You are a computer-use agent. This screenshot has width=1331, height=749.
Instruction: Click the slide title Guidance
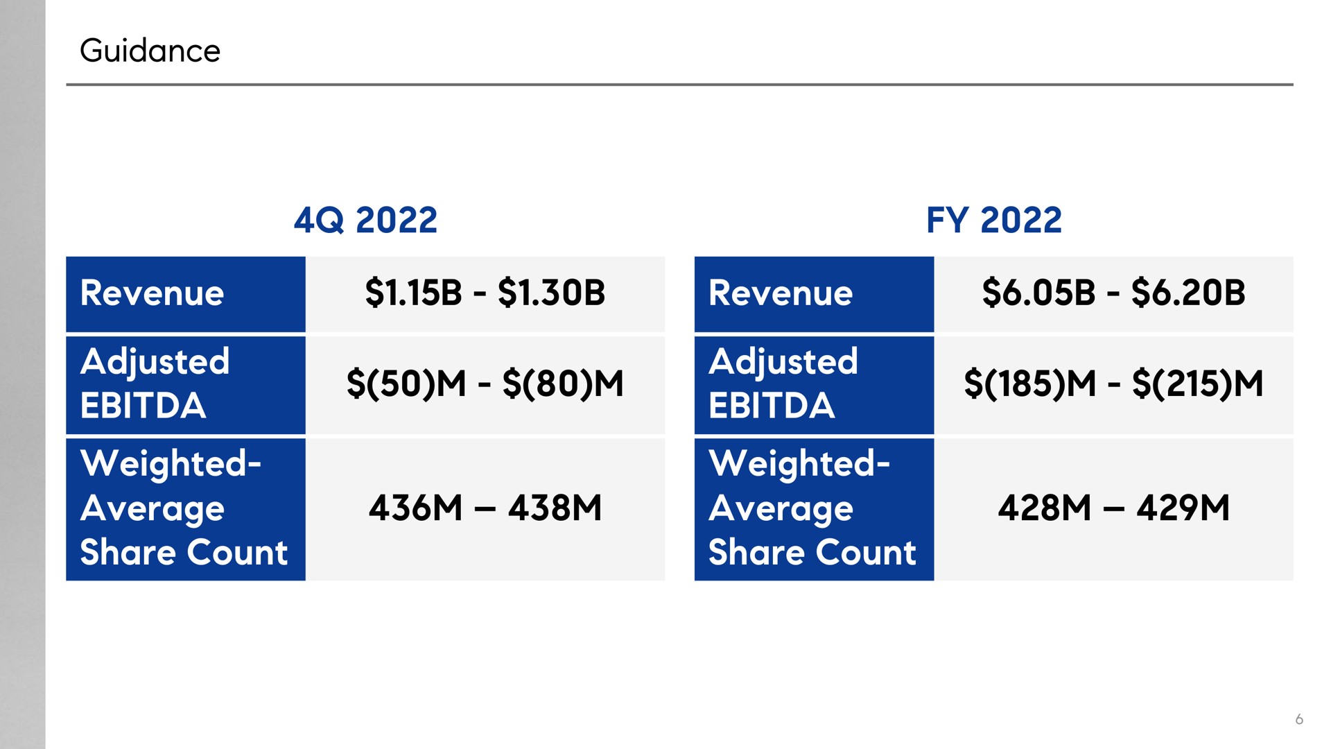pyautogui.click(x=150, y=51)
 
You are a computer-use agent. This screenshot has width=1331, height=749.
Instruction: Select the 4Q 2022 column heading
pyautogui.click(x=365, y=221)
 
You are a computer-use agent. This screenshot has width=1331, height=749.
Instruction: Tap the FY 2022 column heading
pyautogui.click(x=994, y=221)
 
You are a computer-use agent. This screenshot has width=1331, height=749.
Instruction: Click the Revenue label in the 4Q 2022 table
pyautogui.click(x=152, y=293)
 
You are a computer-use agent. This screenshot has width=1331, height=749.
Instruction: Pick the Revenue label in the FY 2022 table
pyautogui.click(x=781, y=293)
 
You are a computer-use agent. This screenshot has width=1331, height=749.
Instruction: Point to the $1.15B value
pyautogui.click(x=413, y=293)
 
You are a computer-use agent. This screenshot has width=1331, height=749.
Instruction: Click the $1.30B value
pyautogui.click(x=552, y=293)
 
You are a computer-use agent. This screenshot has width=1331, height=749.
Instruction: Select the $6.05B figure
pyautogui.click(x=1038, y=293)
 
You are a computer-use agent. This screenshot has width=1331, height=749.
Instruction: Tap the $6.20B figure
pyautogui.click(x=1188, y=293)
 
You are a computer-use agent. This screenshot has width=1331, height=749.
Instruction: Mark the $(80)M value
pyautogui.click(x=563, y=384)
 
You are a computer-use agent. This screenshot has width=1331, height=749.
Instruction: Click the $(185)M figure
pyautogui.click(x=1030, y=384)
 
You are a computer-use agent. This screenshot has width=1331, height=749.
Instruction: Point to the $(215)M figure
pyautogui.click(x=1198, y=384)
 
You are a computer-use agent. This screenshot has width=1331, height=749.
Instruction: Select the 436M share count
pyautogui.click(x=415, y=508)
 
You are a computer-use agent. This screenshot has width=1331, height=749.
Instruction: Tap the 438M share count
pyautogui.click(x=555, y=508)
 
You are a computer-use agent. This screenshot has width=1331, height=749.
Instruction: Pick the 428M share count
pyautogui.click(x=1045, y=508)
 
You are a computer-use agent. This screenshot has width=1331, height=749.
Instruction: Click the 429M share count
pyautogui.click(x=1183, y=508)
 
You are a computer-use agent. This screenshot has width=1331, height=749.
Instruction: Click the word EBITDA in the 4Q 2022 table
pyautogui.click(x=143, y=406)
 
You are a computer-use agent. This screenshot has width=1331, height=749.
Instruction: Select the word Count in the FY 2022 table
pyautogui.click(x=866, y=553)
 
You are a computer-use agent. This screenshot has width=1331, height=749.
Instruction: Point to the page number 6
pyautogui.click(x=1299, y=719)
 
